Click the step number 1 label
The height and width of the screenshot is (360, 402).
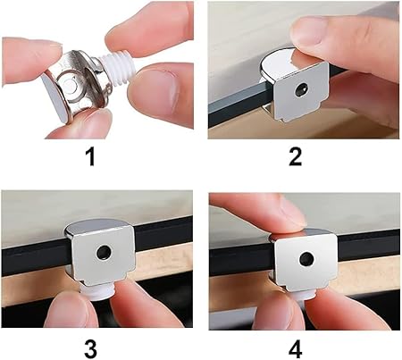tap(90, 157)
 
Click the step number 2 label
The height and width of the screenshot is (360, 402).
tap(295, 157)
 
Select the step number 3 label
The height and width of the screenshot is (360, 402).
tap(90, 349)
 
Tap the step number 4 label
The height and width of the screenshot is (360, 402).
tap(295, 349)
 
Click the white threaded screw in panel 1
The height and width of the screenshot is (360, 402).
tap(116, 67)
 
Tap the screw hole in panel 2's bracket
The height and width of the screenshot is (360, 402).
tap(301, 90)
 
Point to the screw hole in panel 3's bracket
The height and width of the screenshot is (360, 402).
tap(104, 253)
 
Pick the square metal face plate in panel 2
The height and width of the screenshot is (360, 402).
tap(301, 92)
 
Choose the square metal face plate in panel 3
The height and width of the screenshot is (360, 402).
tap(104, 255)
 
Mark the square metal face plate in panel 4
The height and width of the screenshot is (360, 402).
tap(306, 261)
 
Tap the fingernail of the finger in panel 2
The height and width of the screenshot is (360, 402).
tap(306, 31)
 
